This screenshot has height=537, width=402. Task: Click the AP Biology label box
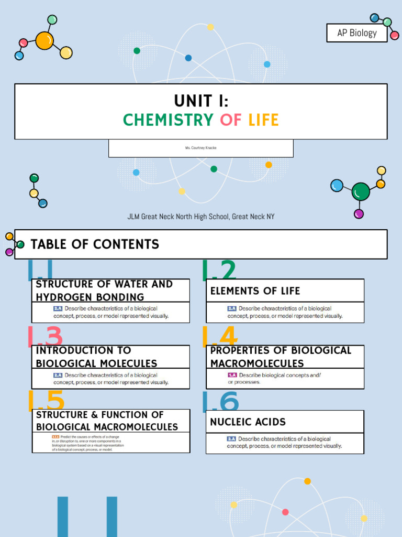point(356,33)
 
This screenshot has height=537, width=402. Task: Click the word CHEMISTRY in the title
point(168,120)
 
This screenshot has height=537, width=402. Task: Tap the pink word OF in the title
point(231,120)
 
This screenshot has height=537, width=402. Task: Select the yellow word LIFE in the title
point(263,120)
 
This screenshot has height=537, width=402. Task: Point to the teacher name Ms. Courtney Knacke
point(200,148)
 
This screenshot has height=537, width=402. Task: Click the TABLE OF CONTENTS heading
point(95,244)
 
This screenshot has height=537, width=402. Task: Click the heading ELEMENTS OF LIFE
point(255,291)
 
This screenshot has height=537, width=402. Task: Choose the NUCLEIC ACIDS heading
point(248,422)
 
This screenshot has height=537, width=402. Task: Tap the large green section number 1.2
point(219,271)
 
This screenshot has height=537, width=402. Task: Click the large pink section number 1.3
point(45,337)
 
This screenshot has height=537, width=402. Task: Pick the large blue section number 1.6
point(220,403)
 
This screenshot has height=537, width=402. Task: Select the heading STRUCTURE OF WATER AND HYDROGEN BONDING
point(104,291)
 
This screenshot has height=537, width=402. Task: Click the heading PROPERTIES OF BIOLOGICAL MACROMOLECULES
point(281,357)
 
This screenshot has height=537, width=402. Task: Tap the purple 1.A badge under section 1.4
point(232,375)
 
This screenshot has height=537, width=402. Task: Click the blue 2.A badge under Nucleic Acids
point(231,439)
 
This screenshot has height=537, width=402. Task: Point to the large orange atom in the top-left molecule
point(44,40)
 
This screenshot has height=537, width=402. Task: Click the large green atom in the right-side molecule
point(361,192)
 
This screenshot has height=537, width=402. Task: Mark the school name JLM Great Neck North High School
point(201,217)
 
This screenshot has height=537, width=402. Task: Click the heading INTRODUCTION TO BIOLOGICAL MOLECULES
point(96,357)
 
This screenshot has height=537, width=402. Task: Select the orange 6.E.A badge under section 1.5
point(55,437)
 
